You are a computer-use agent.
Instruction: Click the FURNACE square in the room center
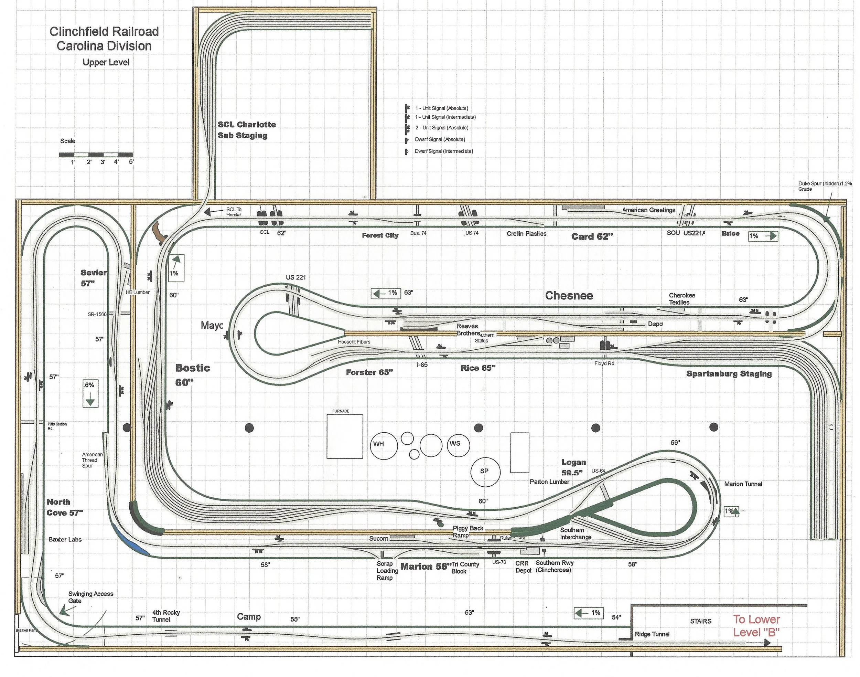(344, 436)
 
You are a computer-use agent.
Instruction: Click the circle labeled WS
(458, 444)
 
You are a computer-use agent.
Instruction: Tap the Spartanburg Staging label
(729, 374)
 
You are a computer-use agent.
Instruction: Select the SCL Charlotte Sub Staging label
(246, 130)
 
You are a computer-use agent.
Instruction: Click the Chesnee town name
(569, 296)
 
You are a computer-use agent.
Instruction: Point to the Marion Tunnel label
(743, 484)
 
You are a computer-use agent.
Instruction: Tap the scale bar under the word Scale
(96, 155)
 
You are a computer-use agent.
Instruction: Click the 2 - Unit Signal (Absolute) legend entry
(441, 128)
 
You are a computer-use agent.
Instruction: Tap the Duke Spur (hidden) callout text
(825, 186)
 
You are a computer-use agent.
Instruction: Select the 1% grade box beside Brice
(763, 236)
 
